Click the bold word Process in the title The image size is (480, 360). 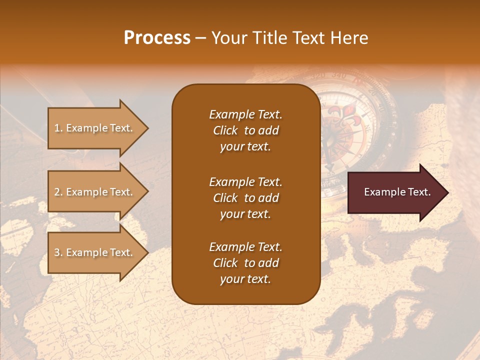coord(157,38)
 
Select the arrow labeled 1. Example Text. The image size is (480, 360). coord(95,128)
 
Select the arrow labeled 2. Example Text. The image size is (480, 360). coord(95,192)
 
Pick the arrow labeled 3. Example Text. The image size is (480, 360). coord(95,252)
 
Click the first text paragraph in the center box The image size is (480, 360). coord(245,130)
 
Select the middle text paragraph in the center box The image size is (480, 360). coord(245,198)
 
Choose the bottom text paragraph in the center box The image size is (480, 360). coord(245,263)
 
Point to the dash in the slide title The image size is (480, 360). coord(200,38)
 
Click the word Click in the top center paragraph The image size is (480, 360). coord(225,130)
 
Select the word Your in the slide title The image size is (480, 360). coord(227,38)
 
